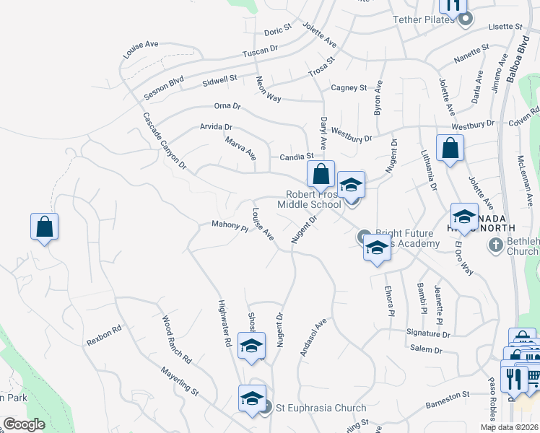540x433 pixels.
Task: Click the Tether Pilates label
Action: (x=424, y=19)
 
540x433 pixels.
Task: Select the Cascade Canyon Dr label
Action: (x=164, y=141)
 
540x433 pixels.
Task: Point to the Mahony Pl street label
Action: (x=230, y=225)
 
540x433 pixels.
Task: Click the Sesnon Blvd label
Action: (x=163, y=86)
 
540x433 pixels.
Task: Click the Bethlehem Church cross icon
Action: (x=495, y=245)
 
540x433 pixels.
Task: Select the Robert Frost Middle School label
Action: (x=313, y=199)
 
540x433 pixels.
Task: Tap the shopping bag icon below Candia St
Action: (x=321, y=174)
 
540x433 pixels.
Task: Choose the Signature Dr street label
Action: (x=428, y=334)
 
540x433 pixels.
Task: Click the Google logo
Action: (x=24, y=424)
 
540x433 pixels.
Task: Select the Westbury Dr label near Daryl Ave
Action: (x=352, y=134)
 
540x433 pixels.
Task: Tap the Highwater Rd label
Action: (x=223, y=324)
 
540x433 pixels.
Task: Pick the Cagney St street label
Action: (x=349, y=88)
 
